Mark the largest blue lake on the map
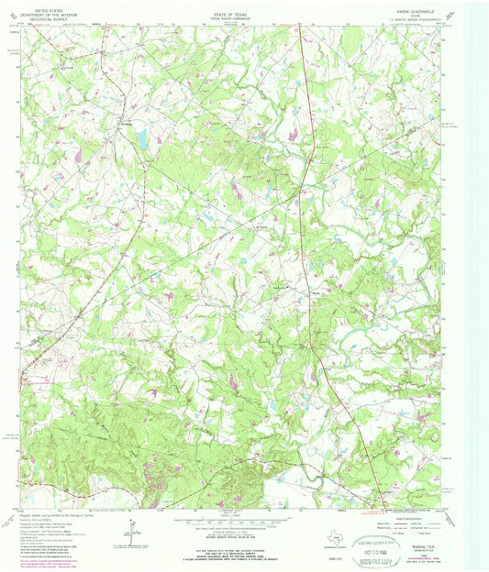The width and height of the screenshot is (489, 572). [x=141, y=137]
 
